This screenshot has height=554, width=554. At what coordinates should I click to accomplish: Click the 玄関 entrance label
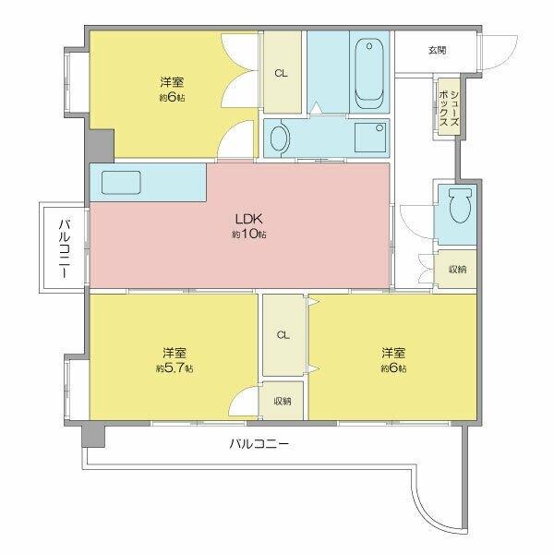click(x=437, y=50)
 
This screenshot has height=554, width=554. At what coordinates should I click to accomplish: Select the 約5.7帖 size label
click(x=174, y=368)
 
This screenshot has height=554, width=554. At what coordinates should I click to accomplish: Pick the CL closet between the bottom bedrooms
click(x=283, y=334)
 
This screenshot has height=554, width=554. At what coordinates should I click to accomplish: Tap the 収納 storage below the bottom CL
click(x=282, y=401)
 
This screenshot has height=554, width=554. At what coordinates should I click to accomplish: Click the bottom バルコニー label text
click(x=259, y=444)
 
